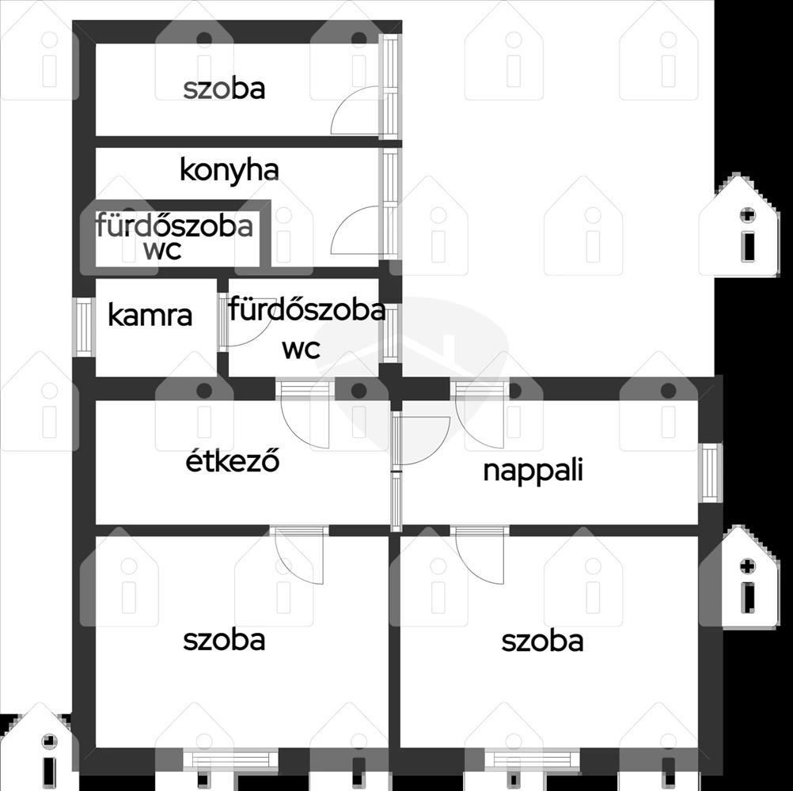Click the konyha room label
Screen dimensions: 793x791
229,171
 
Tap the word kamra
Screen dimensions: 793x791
150,316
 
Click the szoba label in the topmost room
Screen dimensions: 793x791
224,89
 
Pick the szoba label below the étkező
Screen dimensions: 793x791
224,639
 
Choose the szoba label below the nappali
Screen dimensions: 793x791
542,641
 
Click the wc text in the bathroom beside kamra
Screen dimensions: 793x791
301,349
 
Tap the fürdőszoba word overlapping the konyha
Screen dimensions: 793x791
174,225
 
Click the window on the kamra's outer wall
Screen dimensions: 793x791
84,327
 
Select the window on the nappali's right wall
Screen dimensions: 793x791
710,473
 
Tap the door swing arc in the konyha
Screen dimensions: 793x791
344,219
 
